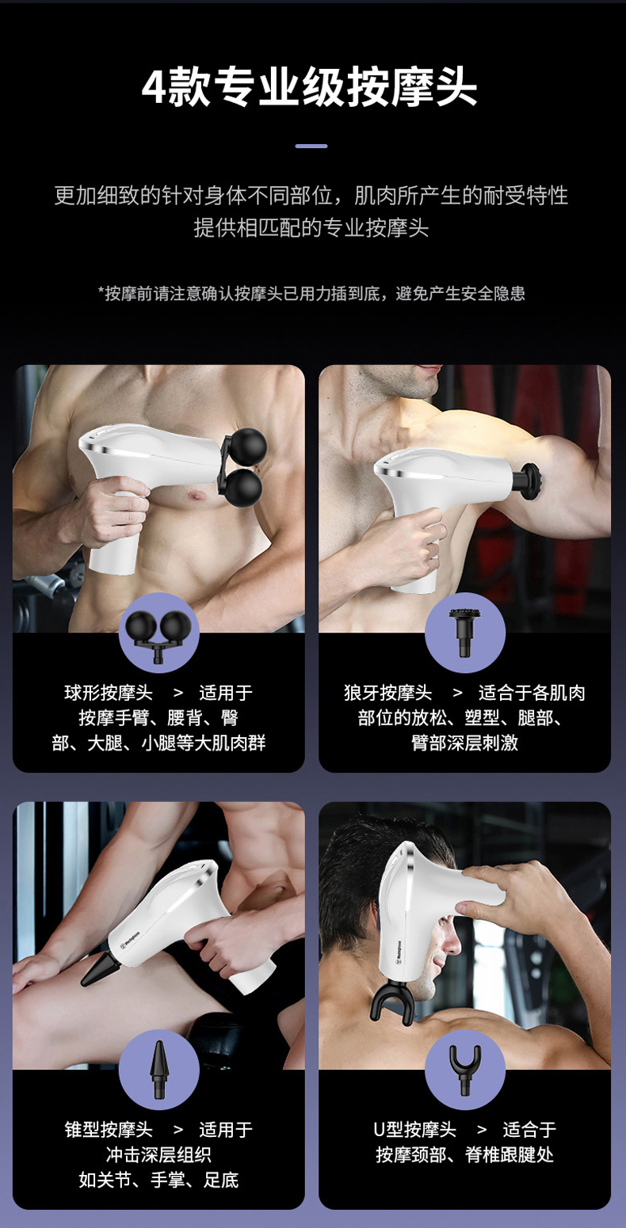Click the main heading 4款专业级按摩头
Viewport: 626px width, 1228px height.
(310, 87)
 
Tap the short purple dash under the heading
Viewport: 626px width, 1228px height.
(311, 146)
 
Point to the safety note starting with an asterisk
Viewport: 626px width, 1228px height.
(311, 293)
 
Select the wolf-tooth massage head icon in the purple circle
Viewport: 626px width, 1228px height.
(464, 632)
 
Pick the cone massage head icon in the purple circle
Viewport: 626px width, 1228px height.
(158, 1069)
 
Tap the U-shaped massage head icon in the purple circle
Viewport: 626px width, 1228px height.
(464, 1070)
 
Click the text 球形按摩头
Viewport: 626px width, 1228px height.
(108, 693)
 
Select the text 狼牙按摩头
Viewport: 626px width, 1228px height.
(387, 693)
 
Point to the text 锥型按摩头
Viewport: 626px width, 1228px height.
(108, 1130)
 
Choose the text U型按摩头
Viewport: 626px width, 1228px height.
(414, 1130)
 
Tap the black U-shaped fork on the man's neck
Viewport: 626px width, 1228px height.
(391, 1002)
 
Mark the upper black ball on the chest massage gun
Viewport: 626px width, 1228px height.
(250, 445)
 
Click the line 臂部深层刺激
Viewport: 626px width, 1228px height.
(464, 743)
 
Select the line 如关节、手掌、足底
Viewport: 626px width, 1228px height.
(158, 1180)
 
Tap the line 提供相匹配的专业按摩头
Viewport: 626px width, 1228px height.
(311, 227)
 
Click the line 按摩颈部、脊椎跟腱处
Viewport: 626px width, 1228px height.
(464, 1155)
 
